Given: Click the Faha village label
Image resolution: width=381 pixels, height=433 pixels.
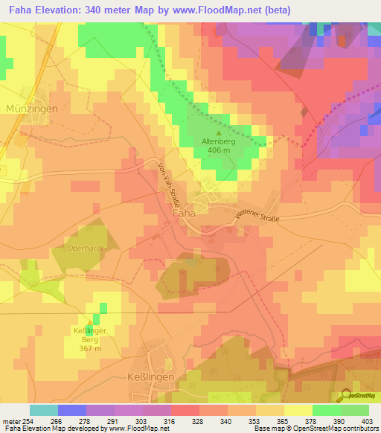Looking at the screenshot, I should tap(184, 213).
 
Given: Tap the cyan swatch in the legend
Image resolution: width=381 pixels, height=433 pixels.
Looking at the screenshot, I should tap(43, 410).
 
